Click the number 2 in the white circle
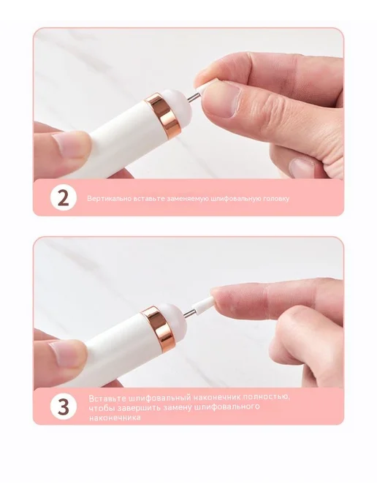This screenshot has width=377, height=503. [64, 198]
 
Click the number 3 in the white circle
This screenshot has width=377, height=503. [64, 406]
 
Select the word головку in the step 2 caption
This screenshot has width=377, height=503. [276, 199]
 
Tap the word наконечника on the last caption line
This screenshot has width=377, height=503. [115, 417]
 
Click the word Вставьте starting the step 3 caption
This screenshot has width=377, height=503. [107, 398]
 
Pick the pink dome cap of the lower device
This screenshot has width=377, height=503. [173, 318]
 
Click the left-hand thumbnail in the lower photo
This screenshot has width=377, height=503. [68, 354]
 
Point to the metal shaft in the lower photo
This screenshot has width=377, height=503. [188, 312]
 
